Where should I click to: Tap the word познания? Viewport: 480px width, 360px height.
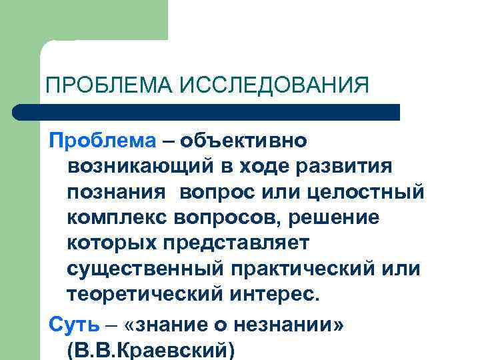[x=116, y=191]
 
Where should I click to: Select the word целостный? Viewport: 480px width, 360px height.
[x=367, y=191]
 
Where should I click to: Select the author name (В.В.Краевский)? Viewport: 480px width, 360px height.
[x=151, y=349]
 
